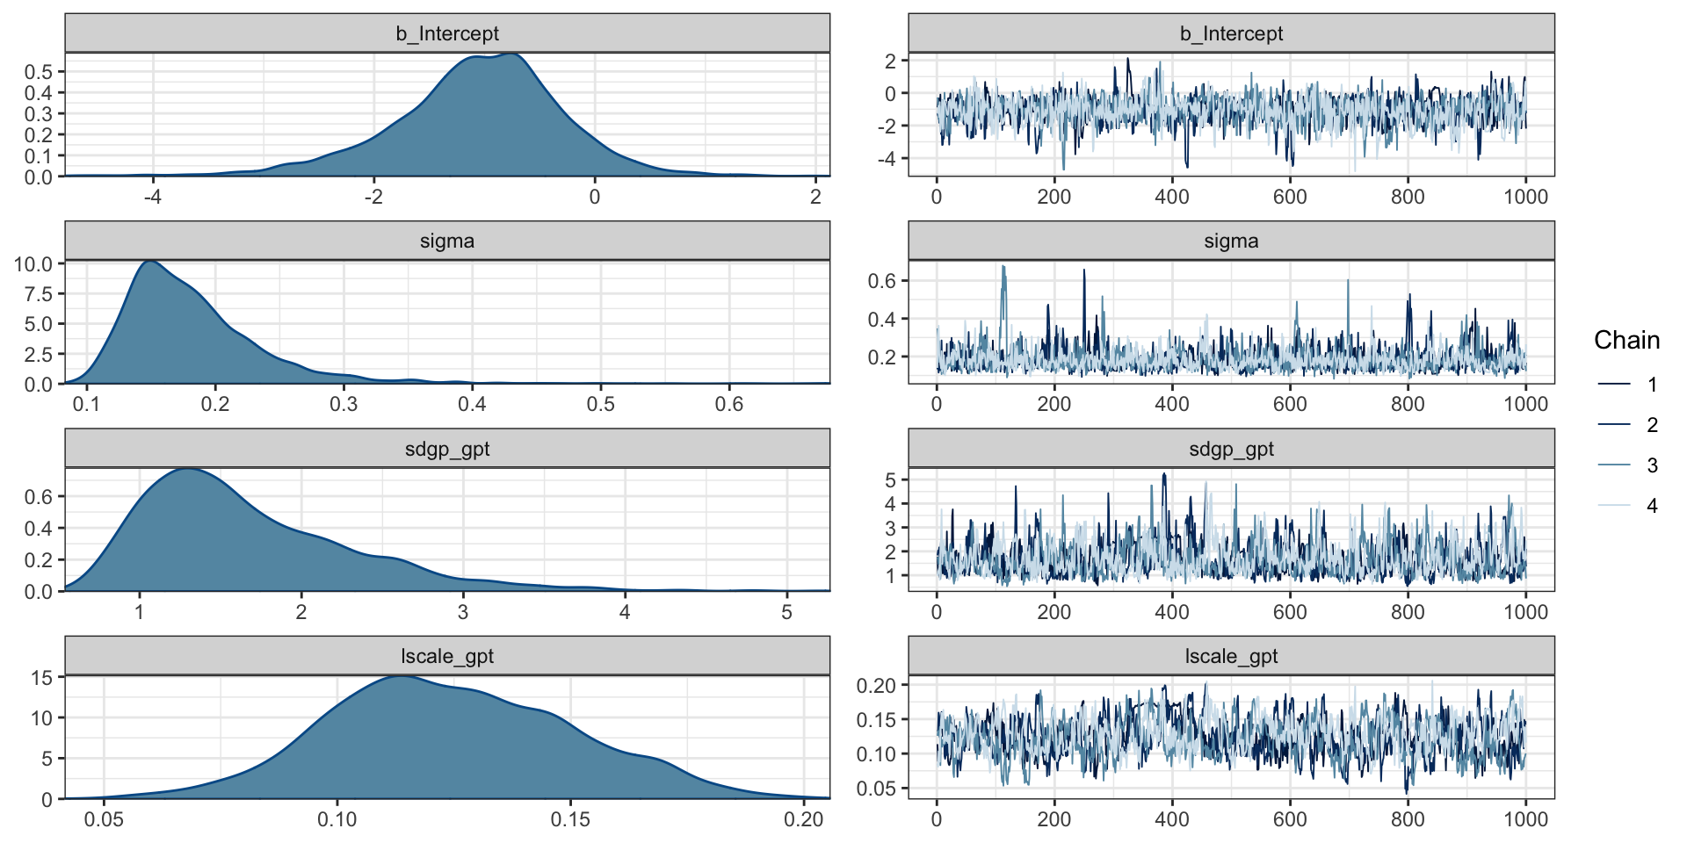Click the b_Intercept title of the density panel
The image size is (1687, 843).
click(x=446, y=33)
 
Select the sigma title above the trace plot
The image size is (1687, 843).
click(x=1230, y=241)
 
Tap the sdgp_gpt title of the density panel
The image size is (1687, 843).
click(x=446, y=450)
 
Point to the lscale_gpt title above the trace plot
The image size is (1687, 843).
click(x=1230, y=657)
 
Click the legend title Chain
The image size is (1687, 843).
click(x=1626, y=341)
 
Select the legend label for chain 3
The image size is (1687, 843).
click(x=1652, y=465)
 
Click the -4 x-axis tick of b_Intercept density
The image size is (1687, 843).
click(x=153, y=198)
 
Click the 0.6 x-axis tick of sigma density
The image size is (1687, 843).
click(x=728, y=405)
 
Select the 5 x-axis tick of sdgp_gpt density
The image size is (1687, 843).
click(x=786, y=612)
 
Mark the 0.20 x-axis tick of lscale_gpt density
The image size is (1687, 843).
click(x=803, y=819)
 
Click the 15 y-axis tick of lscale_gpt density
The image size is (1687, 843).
click(x=41, y=677)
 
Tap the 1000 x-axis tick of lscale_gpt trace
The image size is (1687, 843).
click(x=1525, y=819)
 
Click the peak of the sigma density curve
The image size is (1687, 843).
click(x=151, y=261)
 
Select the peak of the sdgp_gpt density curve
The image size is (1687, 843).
click(x=189, y=469)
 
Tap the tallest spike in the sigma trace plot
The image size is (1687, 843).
click(x=1003, y=267)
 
